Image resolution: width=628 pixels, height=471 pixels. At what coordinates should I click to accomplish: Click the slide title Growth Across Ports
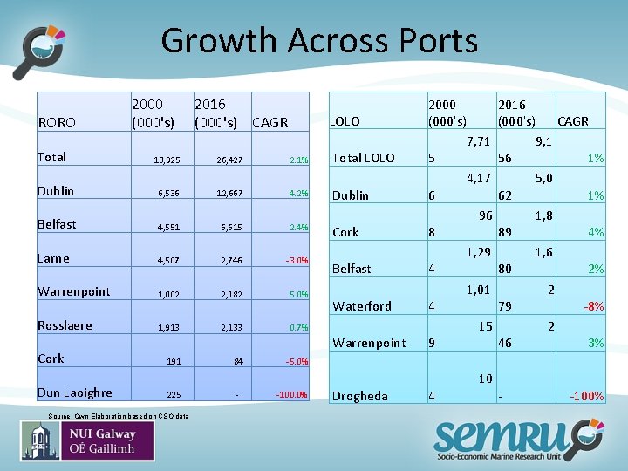(319, 41)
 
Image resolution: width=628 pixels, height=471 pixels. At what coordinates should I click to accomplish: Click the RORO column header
(57, 123)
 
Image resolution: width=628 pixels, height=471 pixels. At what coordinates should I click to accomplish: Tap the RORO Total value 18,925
(167, 160)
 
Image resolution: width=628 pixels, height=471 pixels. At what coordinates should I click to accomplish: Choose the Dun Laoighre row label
(74, 392)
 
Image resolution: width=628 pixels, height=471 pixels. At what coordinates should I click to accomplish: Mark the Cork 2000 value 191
(174, 361)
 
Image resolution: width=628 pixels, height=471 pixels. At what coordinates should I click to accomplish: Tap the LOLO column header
(345, 121)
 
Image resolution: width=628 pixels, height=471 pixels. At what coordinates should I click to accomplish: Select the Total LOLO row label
(364, 158)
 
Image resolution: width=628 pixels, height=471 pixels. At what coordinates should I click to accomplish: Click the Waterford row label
(362, 306)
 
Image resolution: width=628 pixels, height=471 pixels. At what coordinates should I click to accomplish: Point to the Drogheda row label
(360, 396)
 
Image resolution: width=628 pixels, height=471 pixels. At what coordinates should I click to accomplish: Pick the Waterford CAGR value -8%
(593, 306)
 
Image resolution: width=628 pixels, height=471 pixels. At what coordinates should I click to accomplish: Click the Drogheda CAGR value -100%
(586, 396)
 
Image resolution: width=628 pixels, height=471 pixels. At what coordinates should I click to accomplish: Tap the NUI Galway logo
(88, 440)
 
